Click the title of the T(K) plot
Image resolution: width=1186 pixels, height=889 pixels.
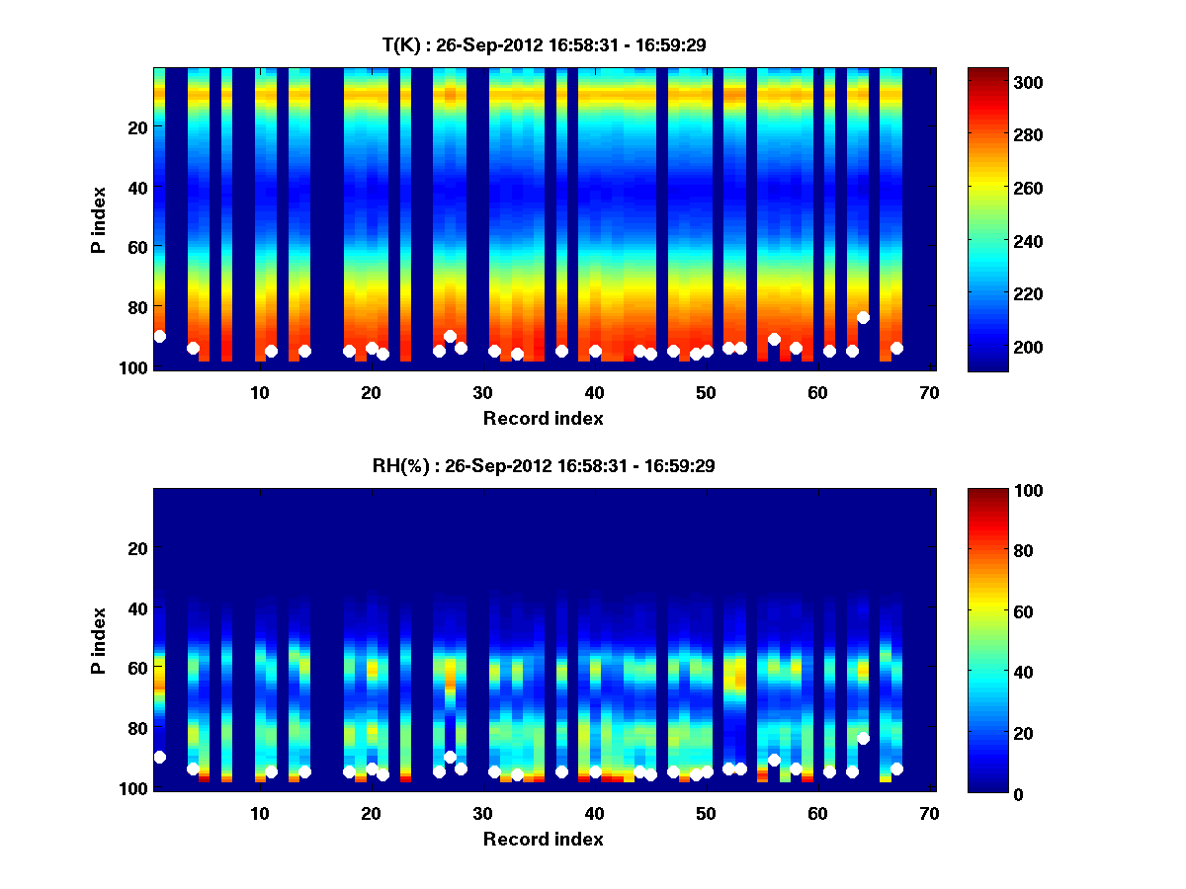coord(544,44)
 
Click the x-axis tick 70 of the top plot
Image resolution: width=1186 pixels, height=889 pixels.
coord(929,392)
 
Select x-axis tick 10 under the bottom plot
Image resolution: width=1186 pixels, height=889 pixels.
coord(259,813)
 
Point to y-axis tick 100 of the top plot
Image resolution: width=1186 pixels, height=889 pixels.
coord(135,367)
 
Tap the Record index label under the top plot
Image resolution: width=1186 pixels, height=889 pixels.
coord(544,418)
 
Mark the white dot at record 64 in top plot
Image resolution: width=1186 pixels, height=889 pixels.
coord(863,317)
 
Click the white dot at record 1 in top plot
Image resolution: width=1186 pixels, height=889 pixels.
coord(160,337)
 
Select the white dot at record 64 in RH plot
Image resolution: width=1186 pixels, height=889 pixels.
coord(863,738)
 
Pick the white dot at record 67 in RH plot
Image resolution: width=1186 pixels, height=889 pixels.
coord(896,768)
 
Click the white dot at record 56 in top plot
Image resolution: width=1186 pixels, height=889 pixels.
coord(774,340)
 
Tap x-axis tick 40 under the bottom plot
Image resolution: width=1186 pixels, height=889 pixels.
coord(594,813)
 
